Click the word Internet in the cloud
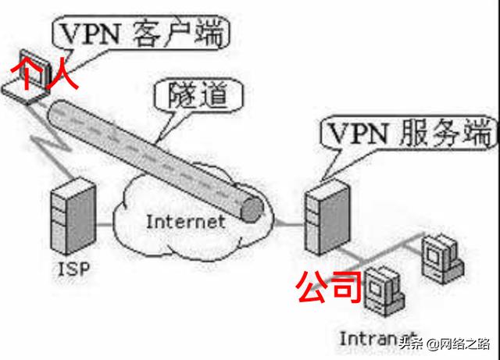[x=185, y=221]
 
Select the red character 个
[x=23, y=72]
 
